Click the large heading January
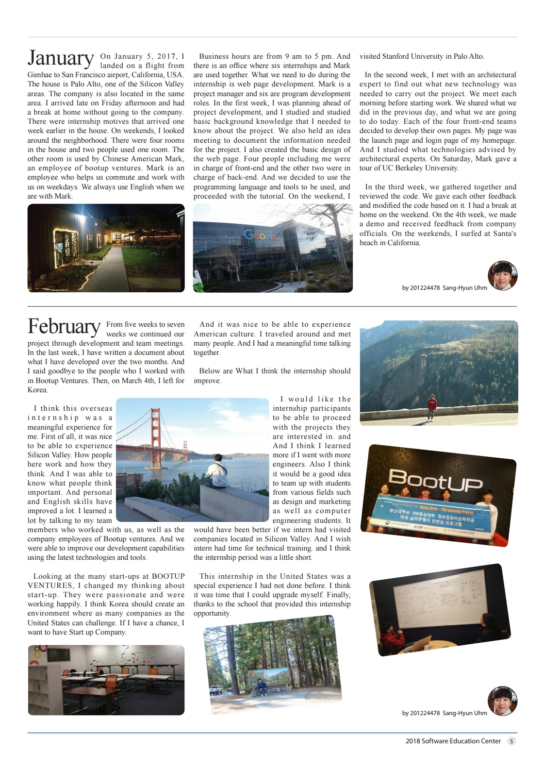(x=61, y=58)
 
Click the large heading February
(x=64, y=326)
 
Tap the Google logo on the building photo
(x=261, y=235)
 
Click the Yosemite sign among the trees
(x=266, y=680)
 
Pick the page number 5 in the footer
(x=512, y=741)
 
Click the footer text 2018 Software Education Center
(x=453, y=741)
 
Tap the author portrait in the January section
(x=502, y=275)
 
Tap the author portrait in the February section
(x=502, y=701)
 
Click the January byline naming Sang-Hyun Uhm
(x=444, y=288)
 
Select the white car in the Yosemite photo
(x=215, y=689)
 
